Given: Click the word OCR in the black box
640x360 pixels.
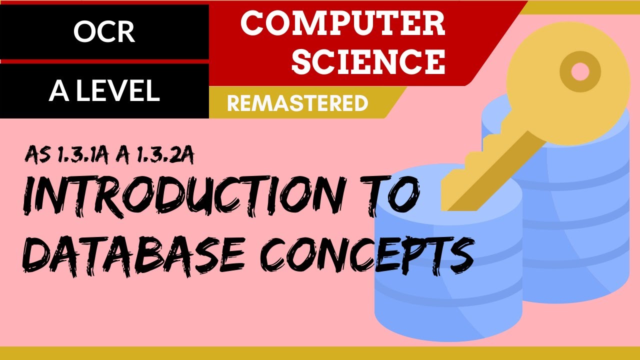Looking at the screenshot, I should pyautogui.click(x=104, y=32).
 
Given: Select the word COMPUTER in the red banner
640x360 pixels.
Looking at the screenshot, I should pyautogui.click(x=342, y=24).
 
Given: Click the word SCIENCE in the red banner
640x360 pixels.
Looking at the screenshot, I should pyautogui.click(x=368, y=61).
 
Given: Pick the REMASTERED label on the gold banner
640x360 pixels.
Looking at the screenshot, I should pyautogui.click(x=297, y=103).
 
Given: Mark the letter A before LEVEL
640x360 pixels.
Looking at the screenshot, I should pyautogui.click(x=58, y=91).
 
